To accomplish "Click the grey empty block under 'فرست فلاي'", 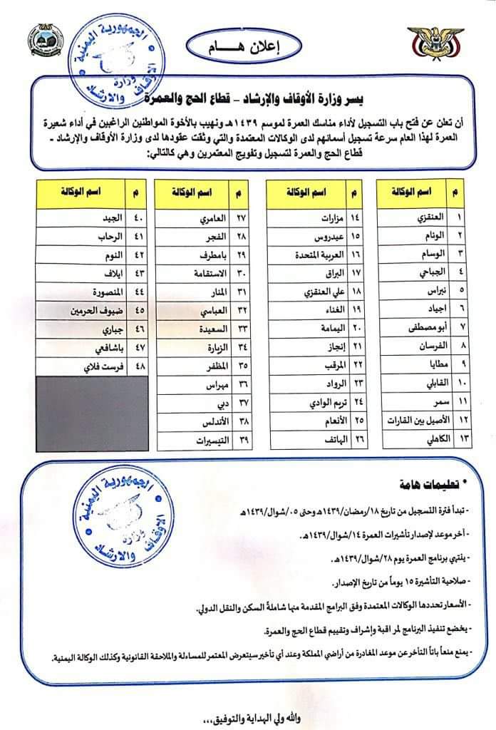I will [91, 411].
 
